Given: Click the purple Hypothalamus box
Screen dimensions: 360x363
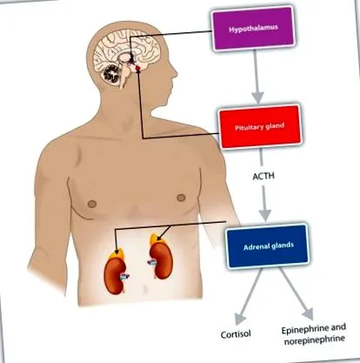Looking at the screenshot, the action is point(254,29).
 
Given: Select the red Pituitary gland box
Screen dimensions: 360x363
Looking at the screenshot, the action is point(260,127).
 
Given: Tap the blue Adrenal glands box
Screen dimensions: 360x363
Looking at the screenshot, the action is point(268,246).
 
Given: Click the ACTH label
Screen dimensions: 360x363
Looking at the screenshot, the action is point(263,176).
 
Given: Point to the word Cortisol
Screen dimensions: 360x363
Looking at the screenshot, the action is point(236,334).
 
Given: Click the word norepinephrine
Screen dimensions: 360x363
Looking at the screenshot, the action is point(315,339).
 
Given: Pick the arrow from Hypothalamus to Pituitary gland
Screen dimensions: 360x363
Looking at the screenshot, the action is point(257,77).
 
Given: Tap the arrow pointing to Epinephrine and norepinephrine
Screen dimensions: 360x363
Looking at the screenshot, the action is point(297,293).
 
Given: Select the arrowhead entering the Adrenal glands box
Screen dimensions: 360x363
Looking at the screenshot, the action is point(264,215).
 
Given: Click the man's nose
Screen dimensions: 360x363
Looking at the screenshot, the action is point(174,71).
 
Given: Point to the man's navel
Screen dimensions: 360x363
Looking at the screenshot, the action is point(145,289).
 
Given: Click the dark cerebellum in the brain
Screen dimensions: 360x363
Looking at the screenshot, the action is point(112,73).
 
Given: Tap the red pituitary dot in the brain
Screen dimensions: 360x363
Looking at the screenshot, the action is point(138,68).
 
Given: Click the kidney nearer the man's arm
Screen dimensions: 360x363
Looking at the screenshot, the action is point(116,276).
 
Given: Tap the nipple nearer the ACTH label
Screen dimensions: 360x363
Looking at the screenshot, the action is point(181,198).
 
